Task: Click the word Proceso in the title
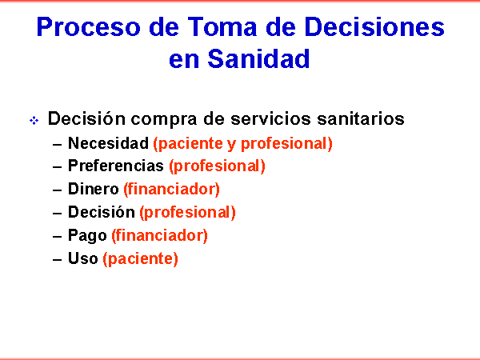click(89, 27)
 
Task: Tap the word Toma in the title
click(222, 27)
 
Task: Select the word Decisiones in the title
click(374, 27)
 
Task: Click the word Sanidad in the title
click(258, 58)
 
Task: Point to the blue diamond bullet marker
click(34, 120)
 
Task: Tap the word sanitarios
click(361, 118)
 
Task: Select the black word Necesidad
click(108, 143)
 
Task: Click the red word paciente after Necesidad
click(188, 144)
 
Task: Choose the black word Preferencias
click(116, 166)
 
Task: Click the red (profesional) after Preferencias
click(217, 166)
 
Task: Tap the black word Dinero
click(94, 189)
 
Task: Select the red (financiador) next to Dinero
click(172, 189)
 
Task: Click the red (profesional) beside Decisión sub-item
click(188, 213)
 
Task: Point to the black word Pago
click(87, 236)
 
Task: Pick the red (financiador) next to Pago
click(159, 236)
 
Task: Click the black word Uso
click(83, 258)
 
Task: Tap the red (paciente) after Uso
click(140, 259)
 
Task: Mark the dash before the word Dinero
click(58, 190)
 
